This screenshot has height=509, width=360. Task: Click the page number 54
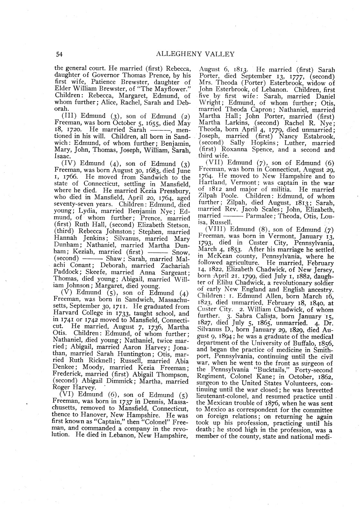(59, 54)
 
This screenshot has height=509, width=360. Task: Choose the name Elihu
(225, 283)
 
